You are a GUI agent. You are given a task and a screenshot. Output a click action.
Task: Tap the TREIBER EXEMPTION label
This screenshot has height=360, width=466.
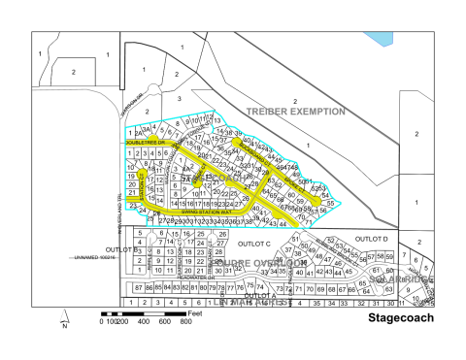(x=296, y=112)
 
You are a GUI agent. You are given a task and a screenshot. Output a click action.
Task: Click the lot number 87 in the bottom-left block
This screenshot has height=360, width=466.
(x=139, y=288)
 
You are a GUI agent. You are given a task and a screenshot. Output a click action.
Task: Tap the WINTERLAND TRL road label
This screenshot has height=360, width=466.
(x=123, y=213)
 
